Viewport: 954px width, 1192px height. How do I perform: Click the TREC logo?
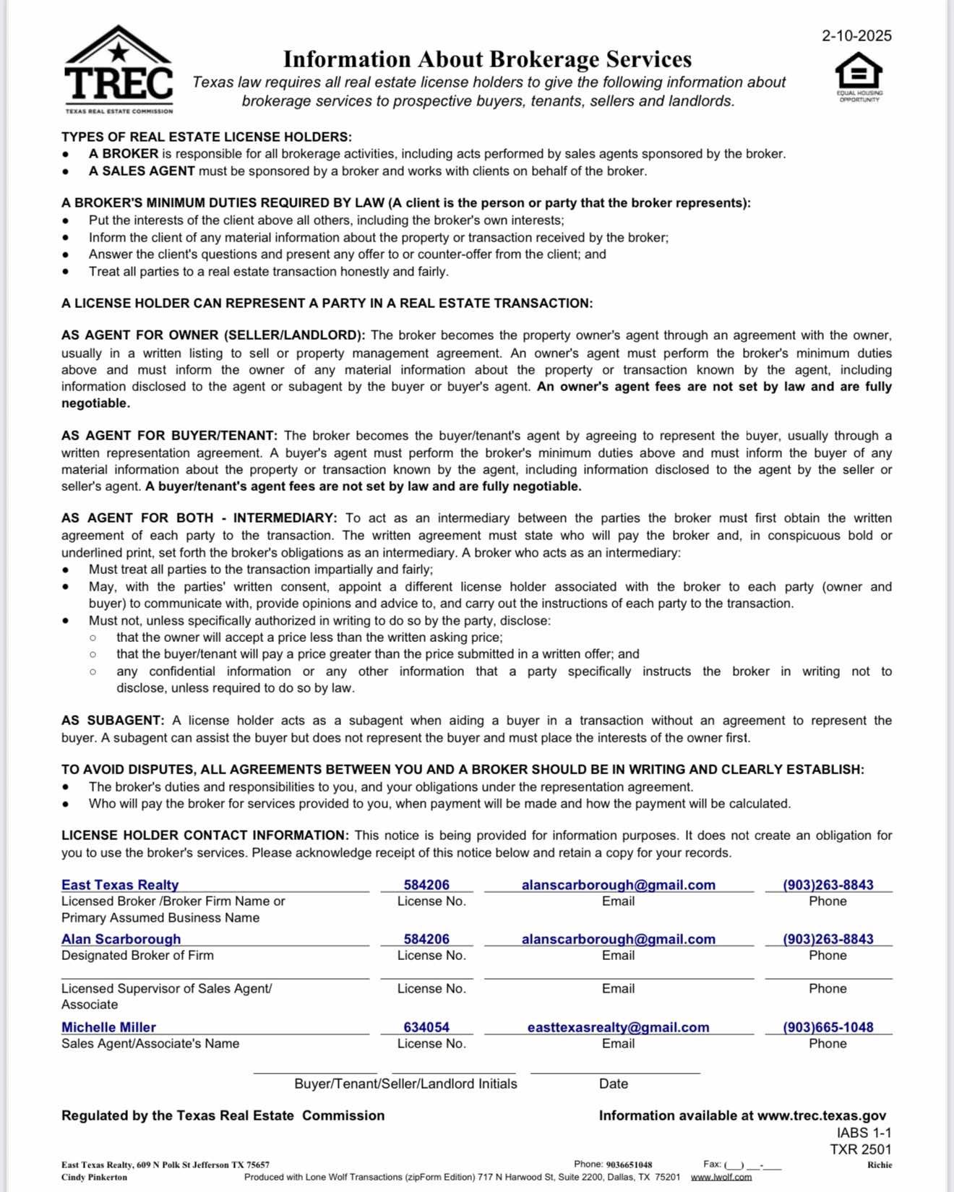pyautogui.click(x=119, y=70)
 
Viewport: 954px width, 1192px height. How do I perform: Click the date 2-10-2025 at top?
pyautogui.click(x=856, y=35)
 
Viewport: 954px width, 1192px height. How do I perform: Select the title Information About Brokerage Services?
pyautogui.click(x=487, y=59)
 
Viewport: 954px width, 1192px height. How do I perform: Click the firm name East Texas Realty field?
pyautogui.click(x=120, y=885)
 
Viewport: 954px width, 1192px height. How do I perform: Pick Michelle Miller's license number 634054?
pyautogui.click(x=426, y=1027)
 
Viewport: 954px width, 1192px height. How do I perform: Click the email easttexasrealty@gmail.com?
pyautogui.click(x=618, y=1027)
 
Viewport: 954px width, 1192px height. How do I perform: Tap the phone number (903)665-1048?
pyautogui.click(x=828, y=1027)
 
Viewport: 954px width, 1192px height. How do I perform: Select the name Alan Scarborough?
pyautogui.click(x=121, y=939)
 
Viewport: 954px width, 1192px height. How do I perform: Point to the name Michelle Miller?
pyautogui.click(x=108, y=1027)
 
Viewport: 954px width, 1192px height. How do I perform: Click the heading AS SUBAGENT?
pyautogui.click(x=113, y=721)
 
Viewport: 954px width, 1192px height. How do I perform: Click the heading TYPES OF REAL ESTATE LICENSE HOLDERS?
pyautogui.click(x=207, y=137)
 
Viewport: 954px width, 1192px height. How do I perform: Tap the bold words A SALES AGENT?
pyautogui.click(x=142, y=171)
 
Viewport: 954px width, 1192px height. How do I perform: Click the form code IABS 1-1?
pyautogui.click(x=864, y=1133)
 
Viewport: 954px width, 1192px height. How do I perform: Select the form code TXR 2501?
pyautogui.click(x=861, y=1149)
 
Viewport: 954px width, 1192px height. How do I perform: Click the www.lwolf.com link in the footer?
pyautogui.click(x=721, y=1177)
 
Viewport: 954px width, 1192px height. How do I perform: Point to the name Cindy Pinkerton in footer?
pyautogui.click(x=94, y=1177)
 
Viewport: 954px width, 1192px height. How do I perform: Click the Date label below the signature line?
pyautogui.click(x=613, y=1084)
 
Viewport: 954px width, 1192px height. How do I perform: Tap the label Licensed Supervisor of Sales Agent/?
pyautogui.click(x=166, y=988)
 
